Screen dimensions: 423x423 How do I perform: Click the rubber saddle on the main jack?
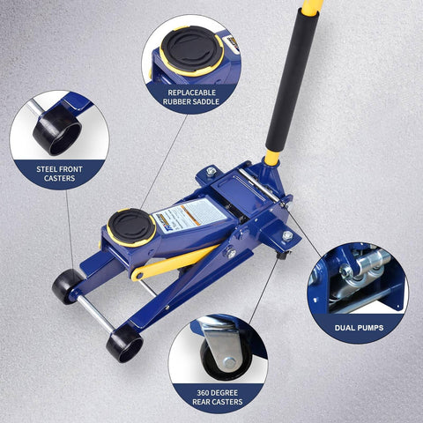[x=131, y=226]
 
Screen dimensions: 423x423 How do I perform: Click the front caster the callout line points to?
[x=65, y=284]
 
